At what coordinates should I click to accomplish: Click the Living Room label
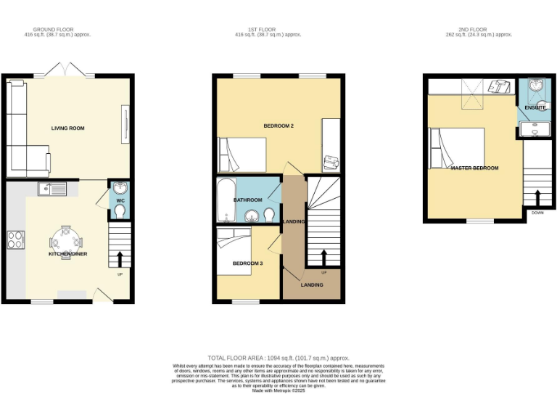[x=67, y=128]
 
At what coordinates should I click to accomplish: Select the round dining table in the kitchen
[x=66, y=241]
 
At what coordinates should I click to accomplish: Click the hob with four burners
[x=15, y=239]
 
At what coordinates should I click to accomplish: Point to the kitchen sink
[x=52, y=190]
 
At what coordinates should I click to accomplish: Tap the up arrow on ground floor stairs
[x=120, y=258]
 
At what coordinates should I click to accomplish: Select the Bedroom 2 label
[x=278, y=126]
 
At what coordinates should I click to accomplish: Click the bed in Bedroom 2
[x=243, y=154]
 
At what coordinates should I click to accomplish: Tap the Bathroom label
[x=247, y=200]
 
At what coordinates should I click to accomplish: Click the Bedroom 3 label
[x=247, y=263]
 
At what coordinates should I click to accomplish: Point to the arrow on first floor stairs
[x=323, y=256]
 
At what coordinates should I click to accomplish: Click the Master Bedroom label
[x=474, y=168]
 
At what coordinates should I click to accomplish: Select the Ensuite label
[x=536, y=107]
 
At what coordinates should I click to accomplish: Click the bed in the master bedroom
[x=458, y=148]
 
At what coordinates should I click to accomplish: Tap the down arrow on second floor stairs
[x=538, y=197]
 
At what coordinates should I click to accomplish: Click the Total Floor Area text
[x=278, y=358]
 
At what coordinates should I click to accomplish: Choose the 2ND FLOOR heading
[x=480, y=30]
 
